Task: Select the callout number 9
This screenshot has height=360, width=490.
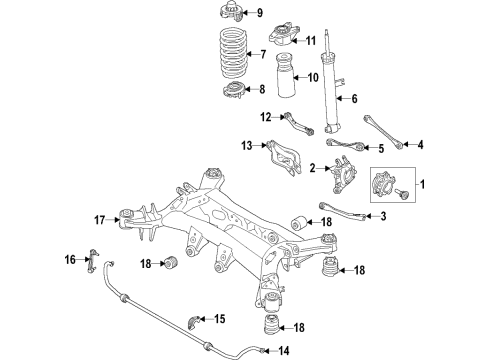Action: pos(260,13)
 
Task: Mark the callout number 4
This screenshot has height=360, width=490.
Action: pos(420,145)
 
